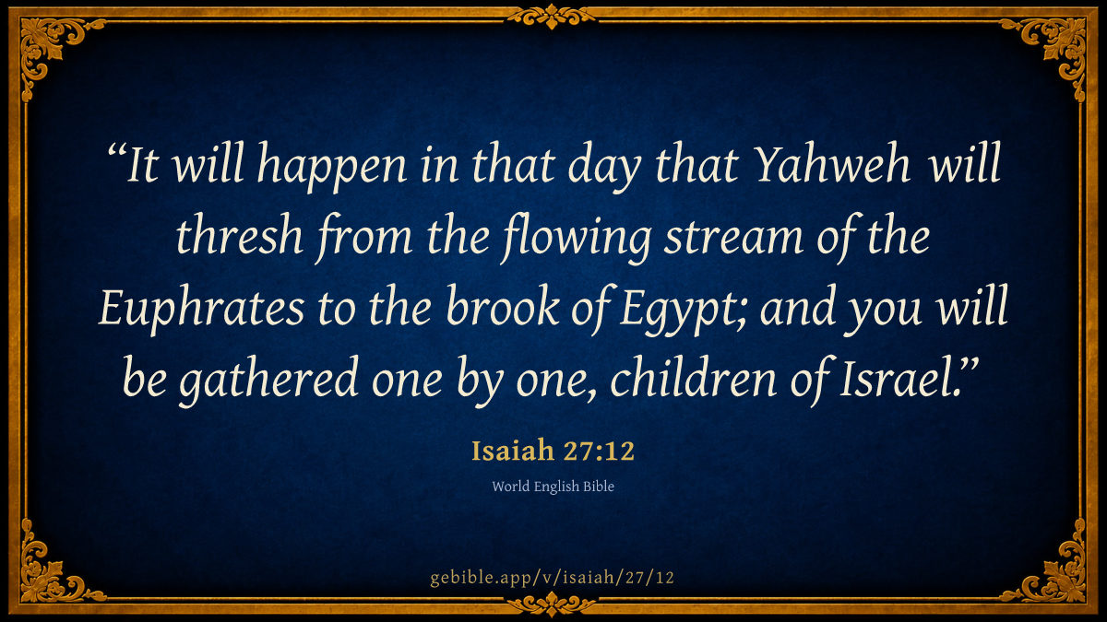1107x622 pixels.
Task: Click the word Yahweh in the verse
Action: pyautogui.click(x=833, y=164)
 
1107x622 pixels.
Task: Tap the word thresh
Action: pyautogui.click(x=240, y=235)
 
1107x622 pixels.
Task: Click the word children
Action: pyautogui.click(x=694, y=377)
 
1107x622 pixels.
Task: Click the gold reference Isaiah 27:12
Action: pyautogui.click(x=553, y=451)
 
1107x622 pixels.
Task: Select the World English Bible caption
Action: pyautogui.click(x=553, y=487)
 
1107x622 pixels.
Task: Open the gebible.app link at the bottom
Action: pyautogui.click(x=552, y=578)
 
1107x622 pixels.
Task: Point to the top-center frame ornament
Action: pyautogui.click(x=552, y=17)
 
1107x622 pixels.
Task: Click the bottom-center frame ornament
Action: pyautogui.click(x=552, y=604)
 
